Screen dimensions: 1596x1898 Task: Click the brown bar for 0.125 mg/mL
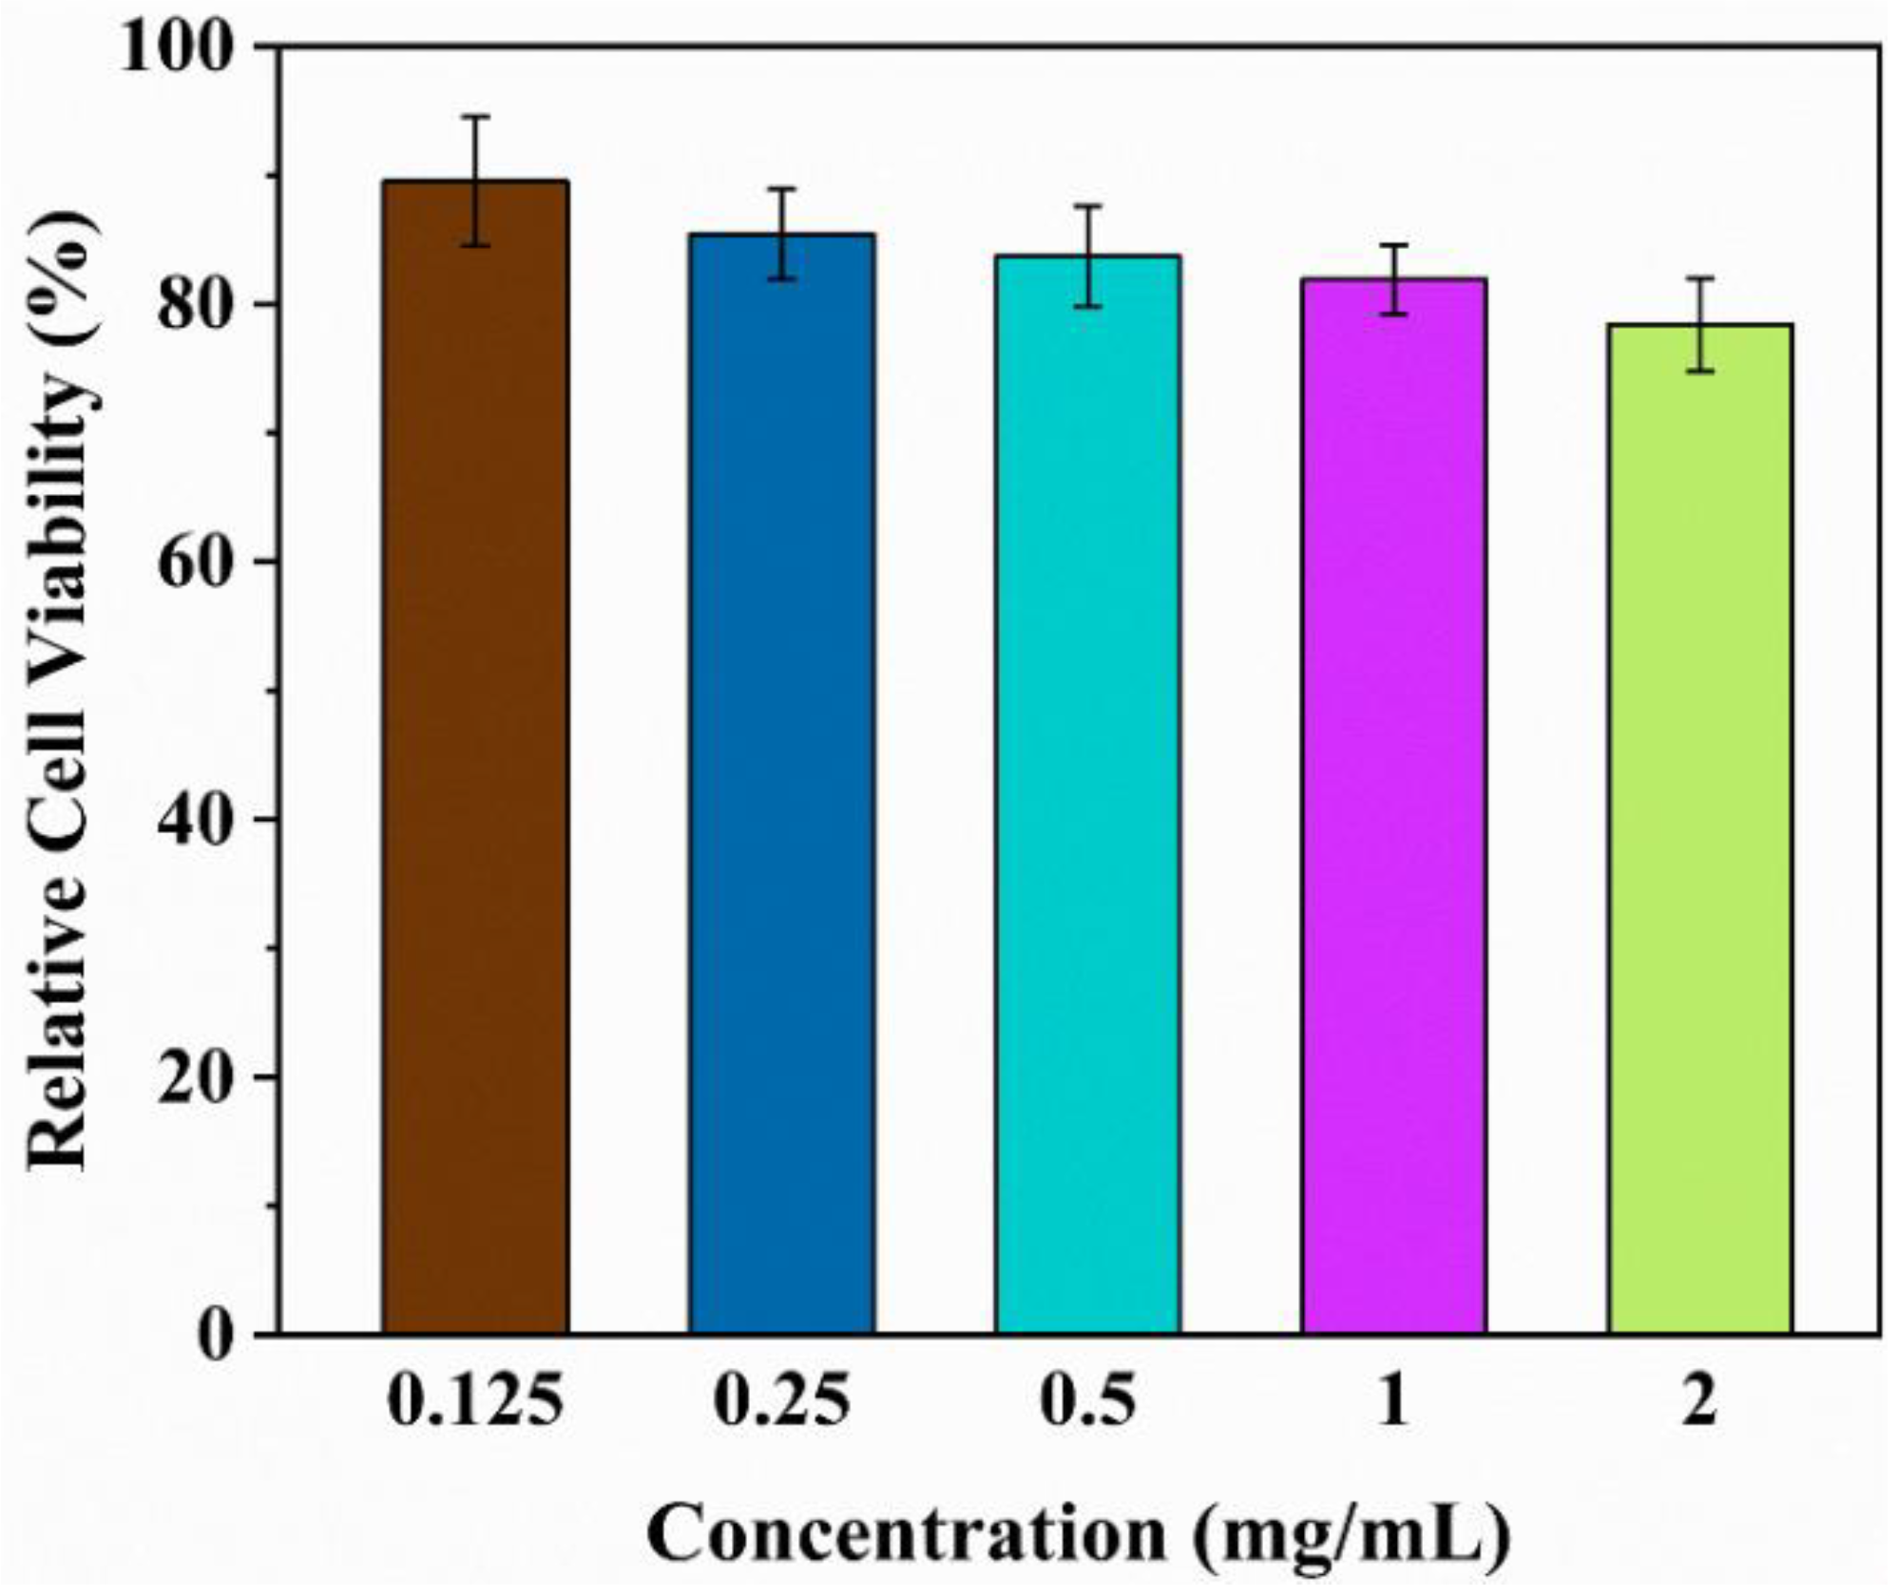pos(475,760)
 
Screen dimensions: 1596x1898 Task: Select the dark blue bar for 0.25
pos(781,788)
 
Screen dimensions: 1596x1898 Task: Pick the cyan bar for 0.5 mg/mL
pos(1087,798)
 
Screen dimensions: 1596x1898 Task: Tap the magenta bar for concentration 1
pos(1393,807)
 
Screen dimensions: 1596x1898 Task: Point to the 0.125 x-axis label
pos(475,1401)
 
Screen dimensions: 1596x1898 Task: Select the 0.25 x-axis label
pos(781,1401)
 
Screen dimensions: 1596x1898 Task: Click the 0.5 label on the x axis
pos(1087,1401)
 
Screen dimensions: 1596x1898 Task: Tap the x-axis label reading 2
pos(1699,1401)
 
